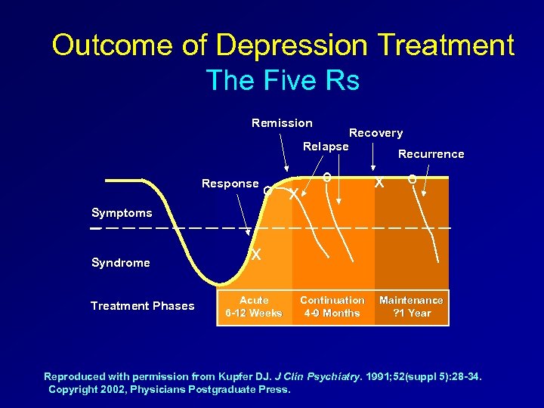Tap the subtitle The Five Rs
click(282, 79)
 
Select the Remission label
click(282, 122)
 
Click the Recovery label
click(376, 133)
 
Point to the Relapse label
click(326, 146)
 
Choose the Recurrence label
click(431, 154)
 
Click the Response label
click(230, 184)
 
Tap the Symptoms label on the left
click(121, 213)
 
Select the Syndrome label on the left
click(120, 263)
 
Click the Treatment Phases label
click(142, 306)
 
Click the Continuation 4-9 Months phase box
click(332, 307)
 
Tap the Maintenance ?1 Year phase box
click(411, 307)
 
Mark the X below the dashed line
click(257, 255)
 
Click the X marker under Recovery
click(379, 183)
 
